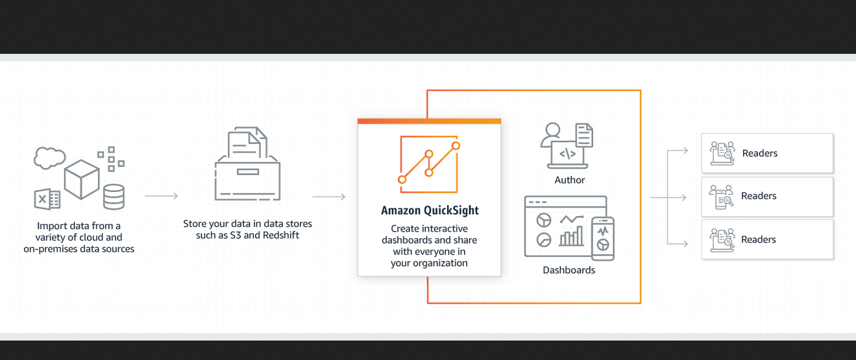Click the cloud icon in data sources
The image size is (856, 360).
pyautogui.click(x=50, y=158)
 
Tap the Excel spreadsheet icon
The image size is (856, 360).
pyautogui.click(x=47, y=199)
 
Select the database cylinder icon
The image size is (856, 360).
pyautogui.click(x=114, y=197)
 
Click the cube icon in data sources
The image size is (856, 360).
pyautogui.click(x=82, y=179)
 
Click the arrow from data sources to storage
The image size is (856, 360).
pyautogui.click(x=161, y=195)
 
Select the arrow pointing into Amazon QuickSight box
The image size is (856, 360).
pyautogui.click(x=328, y=197)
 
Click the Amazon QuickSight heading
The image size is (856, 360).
pyautogui.click(x=430, y=211)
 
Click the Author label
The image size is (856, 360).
pyautogui.click(x=570, y=180)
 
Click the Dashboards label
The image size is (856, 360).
pyautogui.click(x=569, y=270)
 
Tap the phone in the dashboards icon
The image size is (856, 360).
pyautogui.click(x=603, y=238)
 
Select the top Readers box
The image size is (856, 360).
pyautogui.click(x=767, y=153)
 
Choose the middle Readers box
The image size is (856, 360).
pyautogui.click(x=767, y=196)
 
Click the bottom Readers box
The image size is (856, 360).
pyautogui.click(x=767, y=239)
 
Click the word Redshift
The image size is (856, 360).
pyautogui.click(x=281, y=235)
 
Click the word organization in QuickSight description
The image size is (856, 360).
pyautogui.click(x=439, y=263)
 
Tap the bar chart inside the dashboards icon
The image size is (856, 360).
pyautogui.click(x=571, y=237)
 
